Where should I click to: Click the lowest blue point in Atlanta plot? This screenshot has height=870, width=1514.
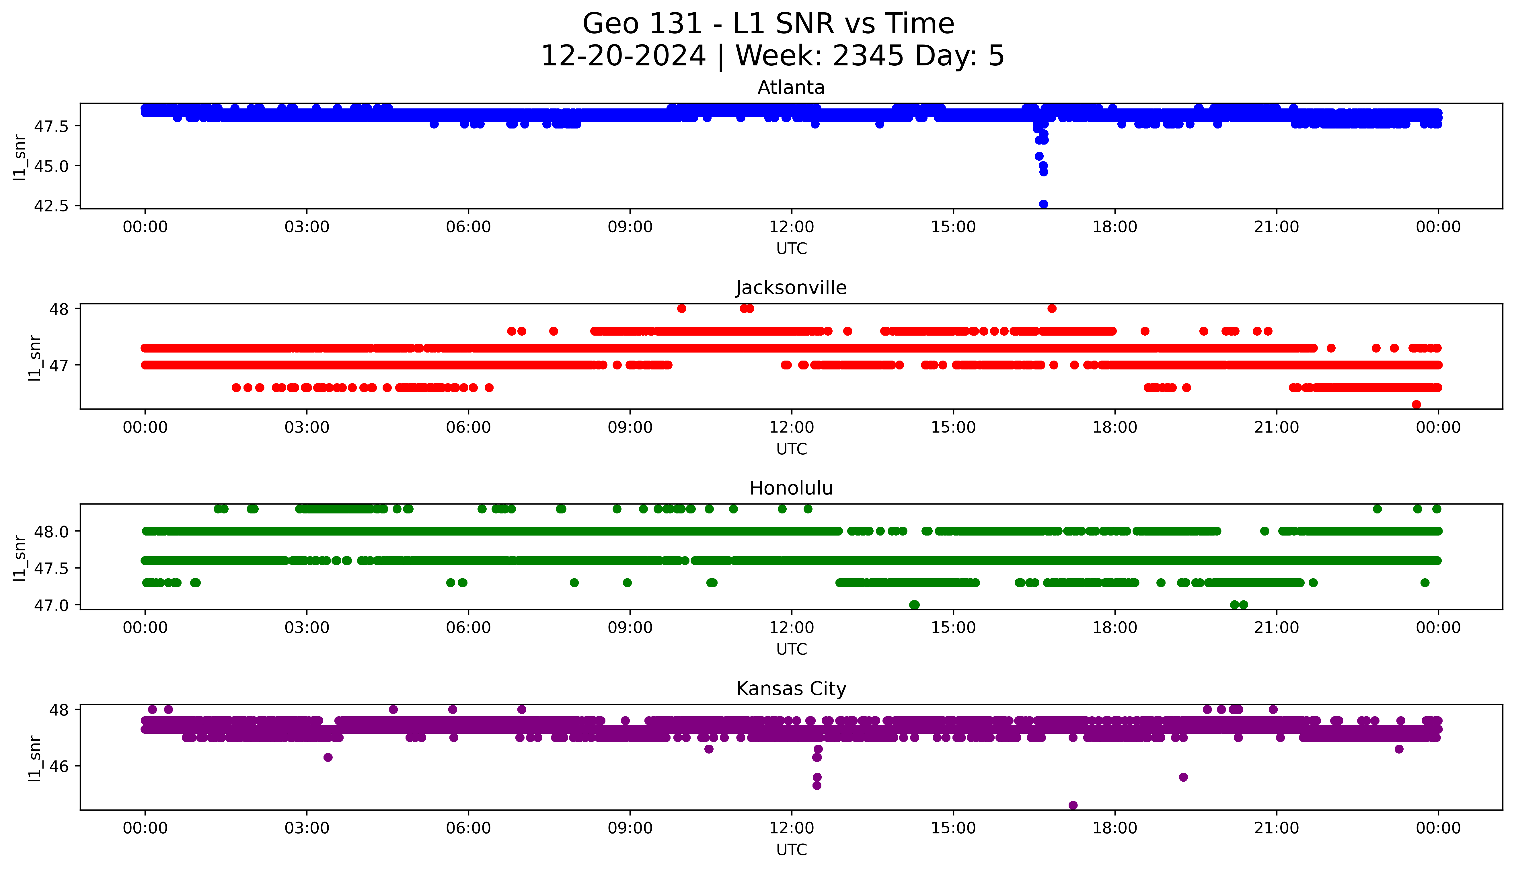pos(1043,204)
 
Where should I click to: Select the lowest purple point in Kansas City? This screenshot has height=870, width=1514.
pos(1073,805)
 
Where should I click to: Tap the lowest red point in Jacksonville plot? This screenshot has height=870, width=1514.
pos(1416,404)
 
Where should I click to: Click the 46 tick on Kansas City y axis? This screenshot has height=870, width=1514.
pos(61,766)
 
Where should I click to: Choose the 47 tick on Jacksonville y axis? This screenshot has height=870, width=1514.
pos(61,365)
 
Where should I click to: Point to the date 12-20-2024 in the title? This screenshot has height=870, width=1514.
pos(623,56)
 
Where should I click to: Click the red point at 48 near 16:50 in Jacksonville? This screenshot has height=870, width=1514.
pos(1052,308)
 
